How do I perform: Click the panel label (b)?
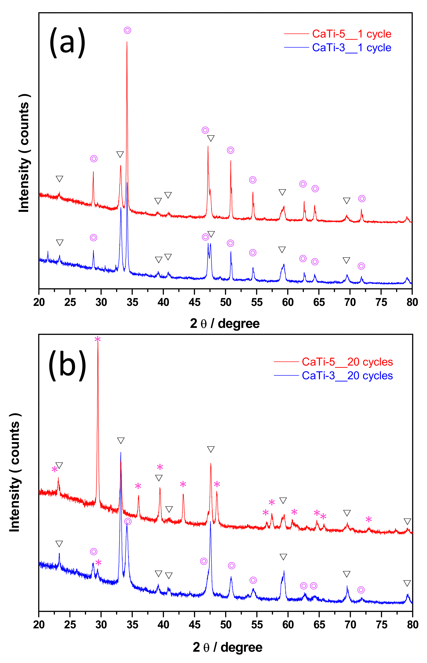(67, 365)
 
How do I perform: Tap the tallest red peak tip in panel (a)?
(127, 42)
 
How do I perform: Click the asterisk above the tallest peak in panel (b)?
(98, 339)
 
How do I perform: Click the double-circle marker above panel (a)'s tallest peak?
(127, 30)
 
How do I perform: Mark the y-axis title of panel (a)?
(24, 153)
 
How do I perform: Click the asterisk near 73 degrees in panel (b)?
(368, 519)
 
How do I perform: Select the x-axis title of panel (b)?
(227, 647)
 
